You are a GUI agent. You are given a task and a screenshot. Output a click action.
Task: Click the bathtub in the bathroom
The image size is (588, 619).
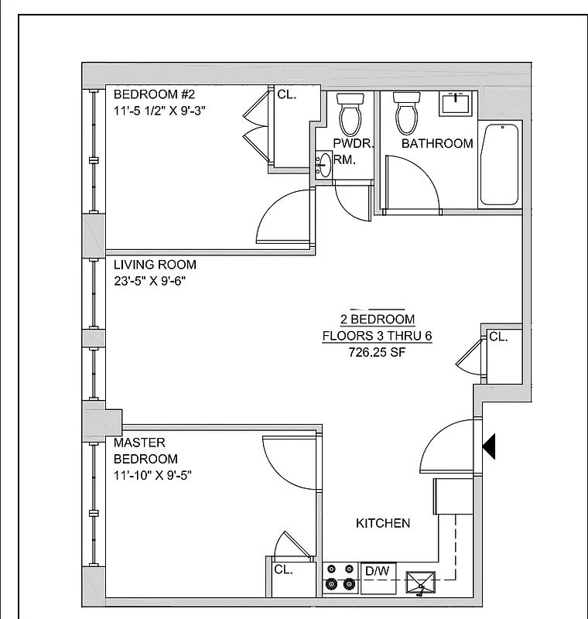coord(499,164)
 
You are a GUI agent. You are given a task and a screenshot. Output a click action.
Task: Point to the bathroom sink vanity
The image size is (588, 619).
coord(456,104)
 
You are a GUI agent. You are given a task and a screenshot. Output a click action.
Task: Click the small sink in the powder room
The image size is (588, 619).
coord(323,165)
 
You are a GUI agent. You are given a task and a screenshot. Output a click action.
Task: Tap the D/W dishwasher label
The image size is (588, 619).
coord(377,571)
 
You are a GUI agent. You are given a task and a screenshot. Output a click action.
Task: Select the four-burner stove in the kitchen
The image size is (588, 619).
coord(340,577)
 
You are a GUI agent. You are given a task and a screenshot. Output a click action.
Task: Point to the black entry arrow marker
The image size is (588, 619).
coord(488,446)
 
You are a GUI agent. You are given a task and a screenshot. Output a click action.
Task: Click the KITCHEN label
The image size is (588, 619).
coord(383,523)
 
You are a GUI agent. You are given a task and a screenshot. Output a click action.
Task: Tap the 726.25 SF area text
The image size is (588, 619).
coord(378,353)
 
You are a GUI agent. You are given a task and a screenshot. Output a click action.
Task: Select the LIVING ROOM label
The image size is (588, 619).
coord(155,265)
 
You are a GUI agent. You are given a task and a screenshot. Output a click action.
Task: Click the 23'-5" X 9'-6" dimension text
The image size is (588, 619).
coord(149,282)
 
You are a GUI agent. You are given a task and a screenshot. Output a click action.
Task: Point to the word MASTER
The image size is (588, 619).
coord(139,443)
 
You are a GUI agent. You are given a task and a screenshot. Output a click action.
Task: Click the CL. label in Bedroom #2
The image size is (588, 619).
coord(287,94)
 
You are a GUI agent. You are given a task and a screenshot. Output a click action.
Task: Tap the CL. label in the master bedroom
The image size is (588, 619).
coord(283,569)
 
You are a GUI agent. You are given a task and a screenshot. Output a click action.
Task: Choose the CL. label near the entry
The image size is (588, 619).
coord(498,337)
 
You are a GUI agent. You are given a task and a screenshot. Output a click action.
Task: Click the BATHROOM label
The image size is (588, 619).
coord(437,144)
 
